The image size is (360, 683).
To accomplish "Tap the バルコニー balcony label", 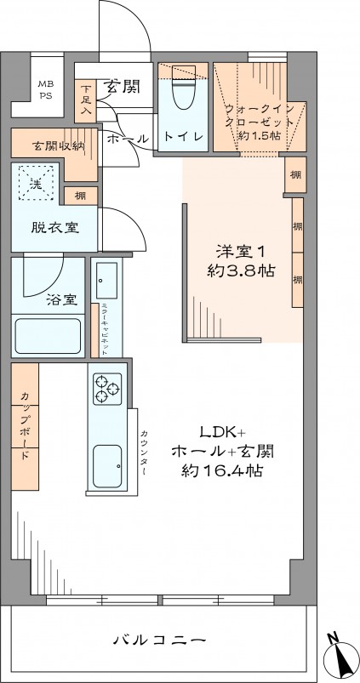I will click(159, 640).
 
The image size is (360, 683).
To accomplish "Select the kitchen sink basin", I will click(108, 464).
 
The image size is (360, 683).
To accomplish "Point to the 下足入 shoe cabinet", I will click(86, 99).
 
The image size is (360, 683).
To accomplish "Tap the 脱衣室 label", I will click(49, 228).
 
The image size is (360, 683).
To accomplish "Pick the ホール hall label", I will click(128, 138).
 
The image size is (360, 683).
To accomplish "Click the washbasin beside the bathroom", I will click(107, 277).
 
